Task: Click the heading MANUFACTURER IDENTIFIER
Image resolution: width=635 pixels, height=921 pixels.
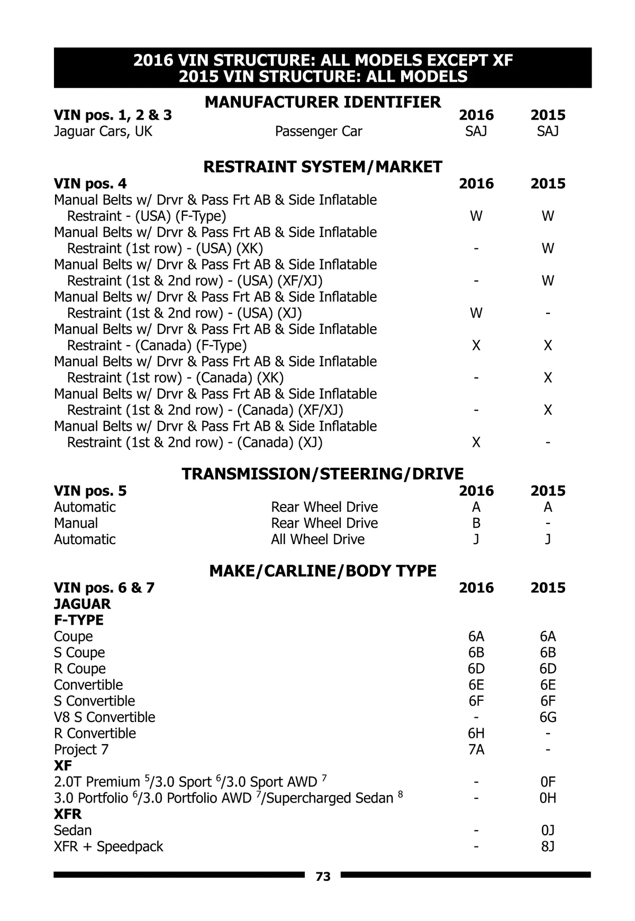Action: point(323,102)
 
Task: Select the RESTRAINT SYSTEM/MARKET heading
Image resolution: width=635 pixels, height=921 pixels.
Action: point(323,167)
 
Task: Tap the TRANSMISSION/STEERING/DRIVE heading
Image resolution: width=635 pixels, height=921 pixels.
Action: point(323,474)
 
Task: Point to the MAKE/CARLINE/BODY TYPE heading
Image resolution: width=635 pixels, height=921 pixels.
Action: point(323,571)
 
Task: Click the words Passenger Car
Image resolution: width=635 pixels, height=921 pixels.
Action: point(319,131)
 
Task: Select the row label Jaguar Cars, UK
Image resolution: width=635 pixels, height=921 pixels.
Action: point(103,131)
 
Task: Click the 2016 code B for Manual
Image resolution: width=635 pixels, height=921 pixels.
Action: point(476,523)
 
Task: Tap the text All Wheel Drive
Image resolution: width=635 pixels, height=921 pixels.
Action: point(317,539)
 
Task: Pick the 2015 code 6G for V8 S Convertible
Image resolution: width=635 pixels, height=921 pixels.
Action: point(548,717)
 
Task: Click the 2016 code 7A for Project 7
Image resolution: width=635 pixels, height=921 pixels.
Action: point(476,750)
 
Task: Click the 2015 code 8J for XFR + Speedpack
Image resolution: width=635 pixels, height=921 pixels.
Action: point(548,846)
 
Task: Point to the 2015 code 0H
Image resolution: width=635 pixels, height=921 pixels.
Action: point(548,798)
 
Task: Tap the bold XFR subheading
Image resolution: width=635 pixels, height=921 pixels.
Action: point(68,814)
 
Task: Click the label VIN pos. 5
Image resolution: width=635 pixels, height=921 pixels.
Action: point(90,491)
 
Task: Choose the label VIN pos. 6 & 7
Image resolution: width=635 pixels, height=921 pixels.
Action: point(104,588)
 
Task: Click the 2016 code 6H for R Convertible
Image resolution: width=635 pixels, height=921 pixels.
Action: point(476,733)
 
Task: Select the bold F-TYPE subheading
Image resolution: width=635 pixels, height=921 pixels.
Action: point(78,620)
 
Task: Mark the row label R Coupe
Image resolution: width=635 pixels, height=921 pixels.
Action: point(79,669)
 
